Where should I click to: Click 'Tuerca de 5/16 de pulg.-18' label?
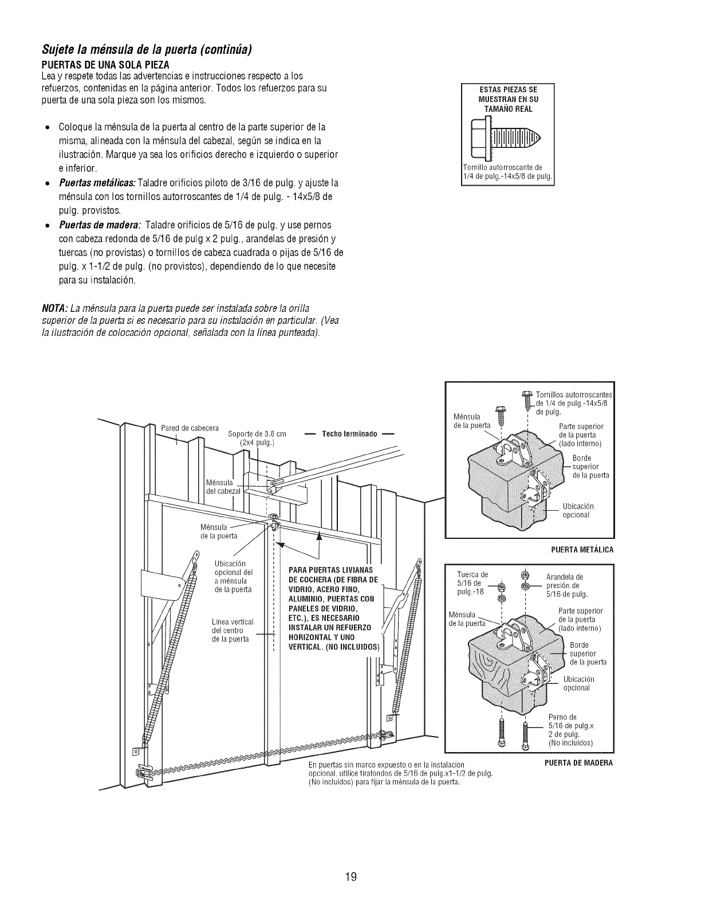472,583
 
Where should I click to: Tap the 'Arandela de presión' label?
565,585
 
